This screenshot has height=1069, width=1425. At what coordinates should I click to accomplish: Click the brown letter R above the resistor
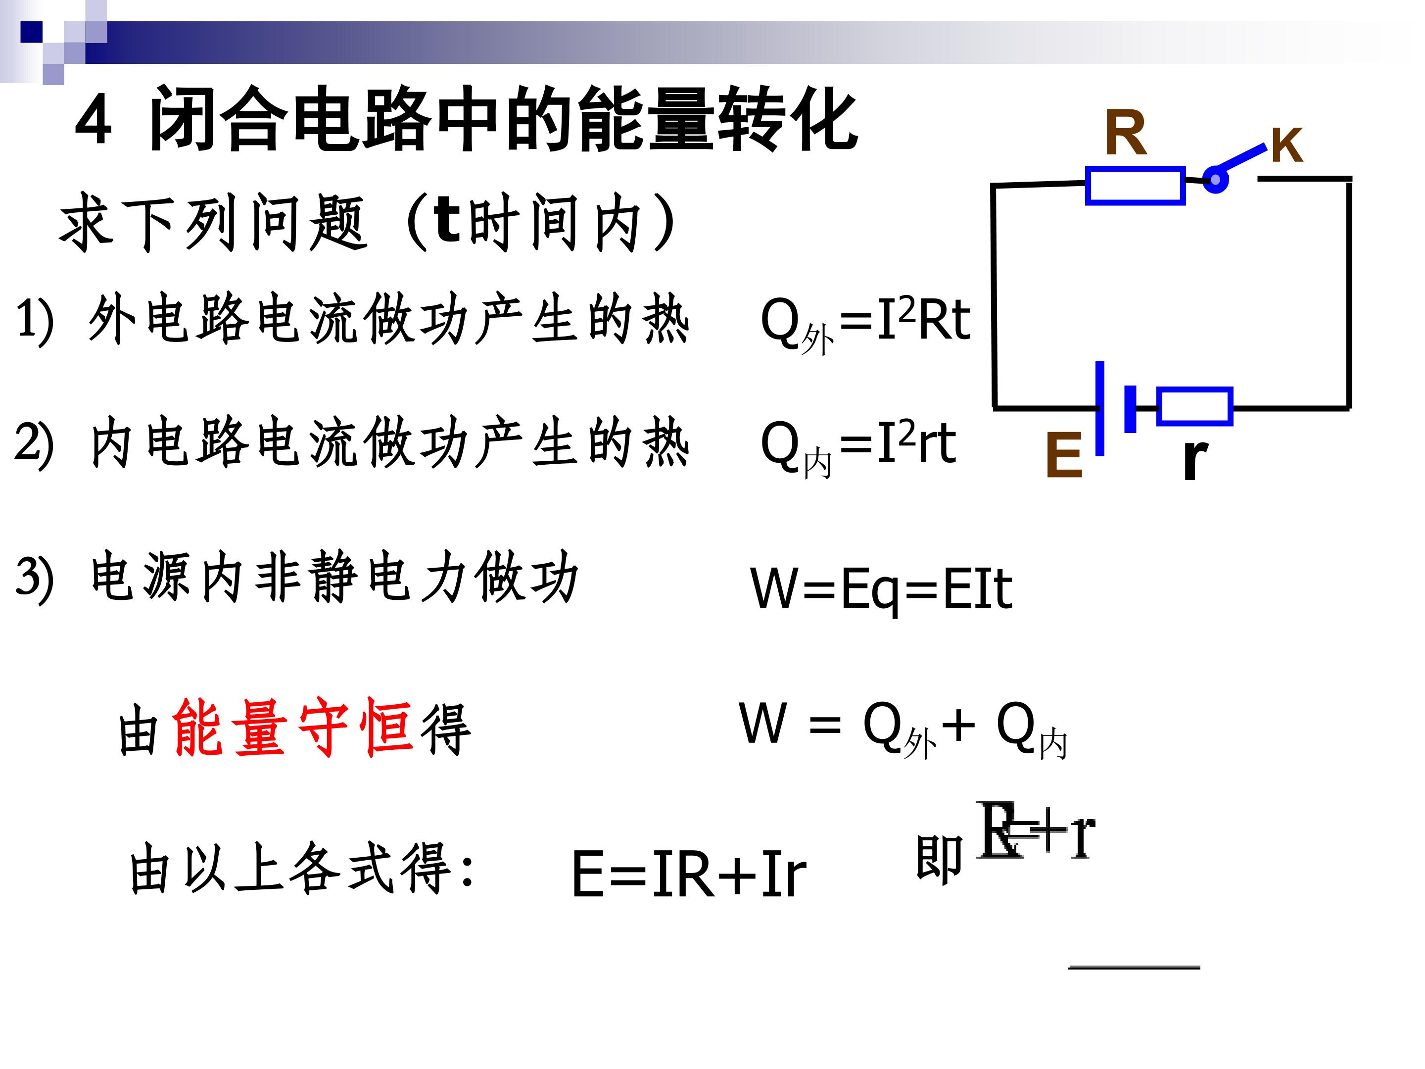[x=1126, y=134]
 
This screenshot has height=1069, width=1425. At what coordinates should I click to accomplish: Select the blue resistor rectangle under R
[x=1135, y=186]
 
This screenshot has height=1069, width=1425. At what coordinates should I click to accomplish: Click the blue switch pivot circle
[x=1216, y=180]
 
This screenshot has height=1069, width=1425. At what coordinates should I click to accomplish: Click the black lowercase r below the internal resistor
[x=1195, y=458]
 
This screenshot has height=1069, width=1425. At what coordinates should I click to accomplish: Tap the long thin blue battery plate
[x=1099, y=408]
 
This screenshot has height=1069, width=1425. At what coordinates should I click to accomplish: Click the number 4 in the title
[x=94, y=121]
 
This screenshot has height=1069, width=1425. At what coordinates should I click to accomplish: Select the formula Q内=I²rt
[x=858, y=446]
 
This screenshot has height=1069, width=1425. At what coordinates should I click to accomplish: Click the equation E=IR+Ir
[x=689, y=875]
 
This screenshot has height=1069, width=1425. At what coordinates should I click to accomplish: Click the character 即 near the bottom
[x=939, y=859]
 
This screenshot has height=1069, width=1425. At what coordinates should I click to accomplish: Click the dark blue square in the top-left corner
[x=31, y=32]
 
